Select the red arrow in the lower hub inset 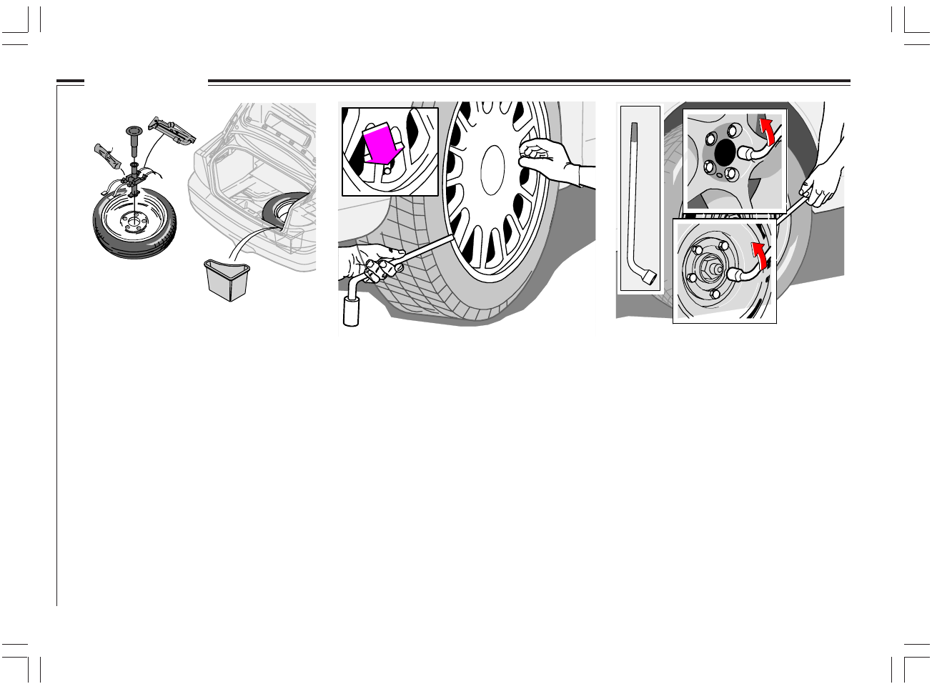tap(760, 254)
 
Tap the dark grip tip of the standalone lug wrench tap(633, 129)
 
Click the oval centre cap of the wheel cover tap(493, 170)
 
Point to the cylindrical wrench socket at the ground tap(352, 311)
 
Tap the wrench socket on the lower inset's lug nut tap(735, 273)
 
